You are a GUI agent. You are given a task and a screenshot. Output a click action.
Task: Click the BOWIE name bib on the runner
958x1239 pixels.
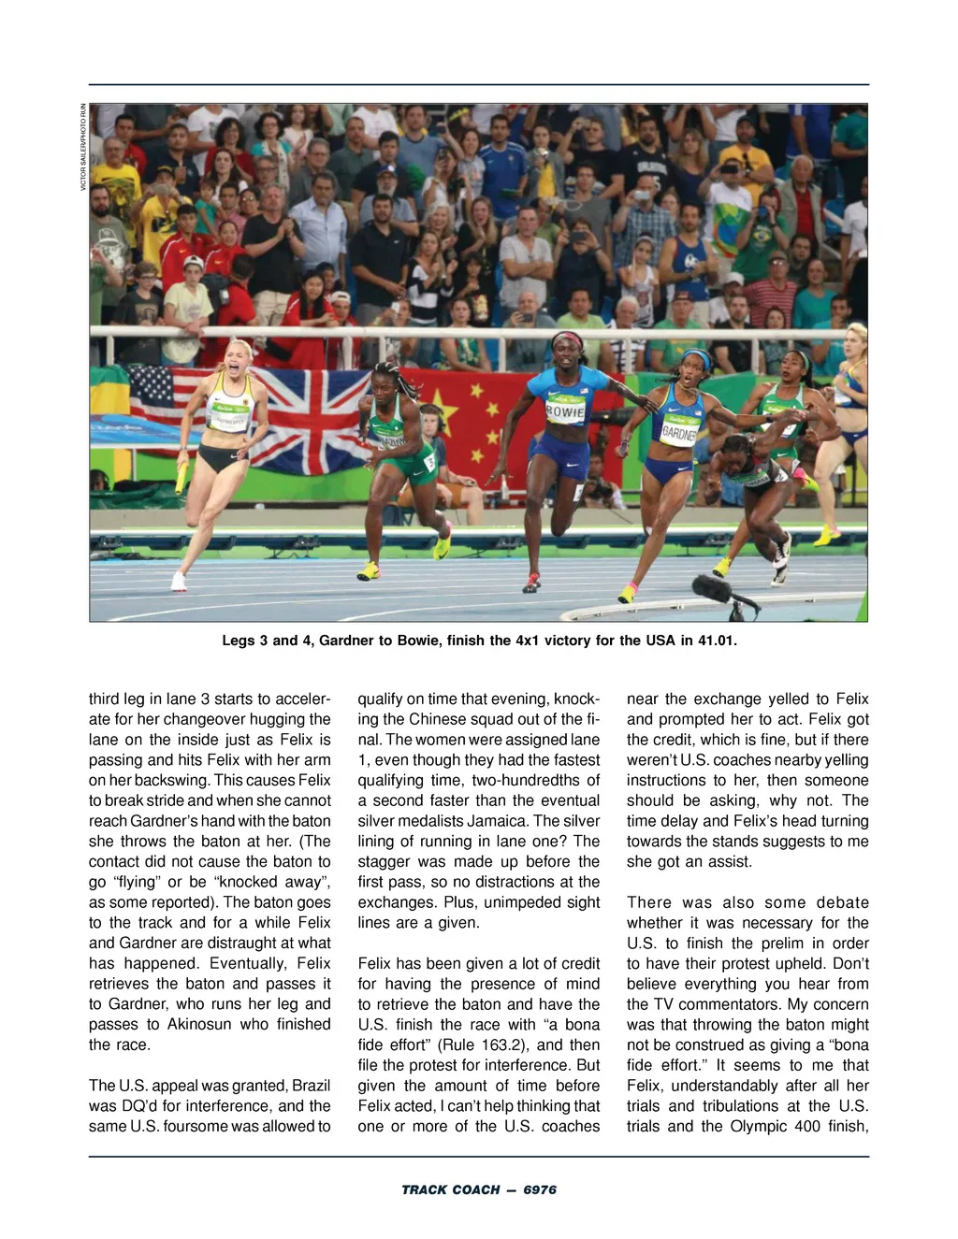point(564,411)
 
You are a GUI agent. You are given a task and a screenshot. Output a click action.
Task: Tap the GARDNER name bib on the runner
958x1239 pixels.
point(679,431)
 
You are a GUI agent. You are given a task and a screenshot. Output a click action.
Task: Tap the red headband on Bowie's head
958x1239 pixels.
point(567,339)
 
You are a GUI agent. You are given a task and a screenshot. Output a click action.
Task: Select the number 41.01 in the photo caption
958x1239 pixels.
point(717,641)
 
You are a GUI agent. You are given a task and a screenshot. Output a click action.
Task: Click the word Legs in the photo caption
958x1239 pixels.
point(238,641)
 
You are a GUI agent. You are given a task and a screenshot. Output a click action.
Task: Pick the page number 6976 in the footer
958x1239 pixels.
point(540,1189)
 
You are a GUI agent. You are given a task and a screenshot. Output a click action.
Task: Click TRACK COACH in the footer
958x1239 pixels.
point(451,1189)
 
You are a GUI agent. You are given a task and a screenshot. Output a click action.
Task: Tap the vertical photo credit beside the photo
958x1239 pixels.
point(83,147)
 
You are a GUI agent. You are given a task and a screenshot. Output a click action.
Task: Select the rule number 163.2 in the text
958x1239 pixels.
point(484,1045)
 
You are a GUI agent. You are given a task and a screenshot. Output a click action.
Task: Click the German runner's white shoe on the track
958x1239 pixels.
point(178,582)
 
